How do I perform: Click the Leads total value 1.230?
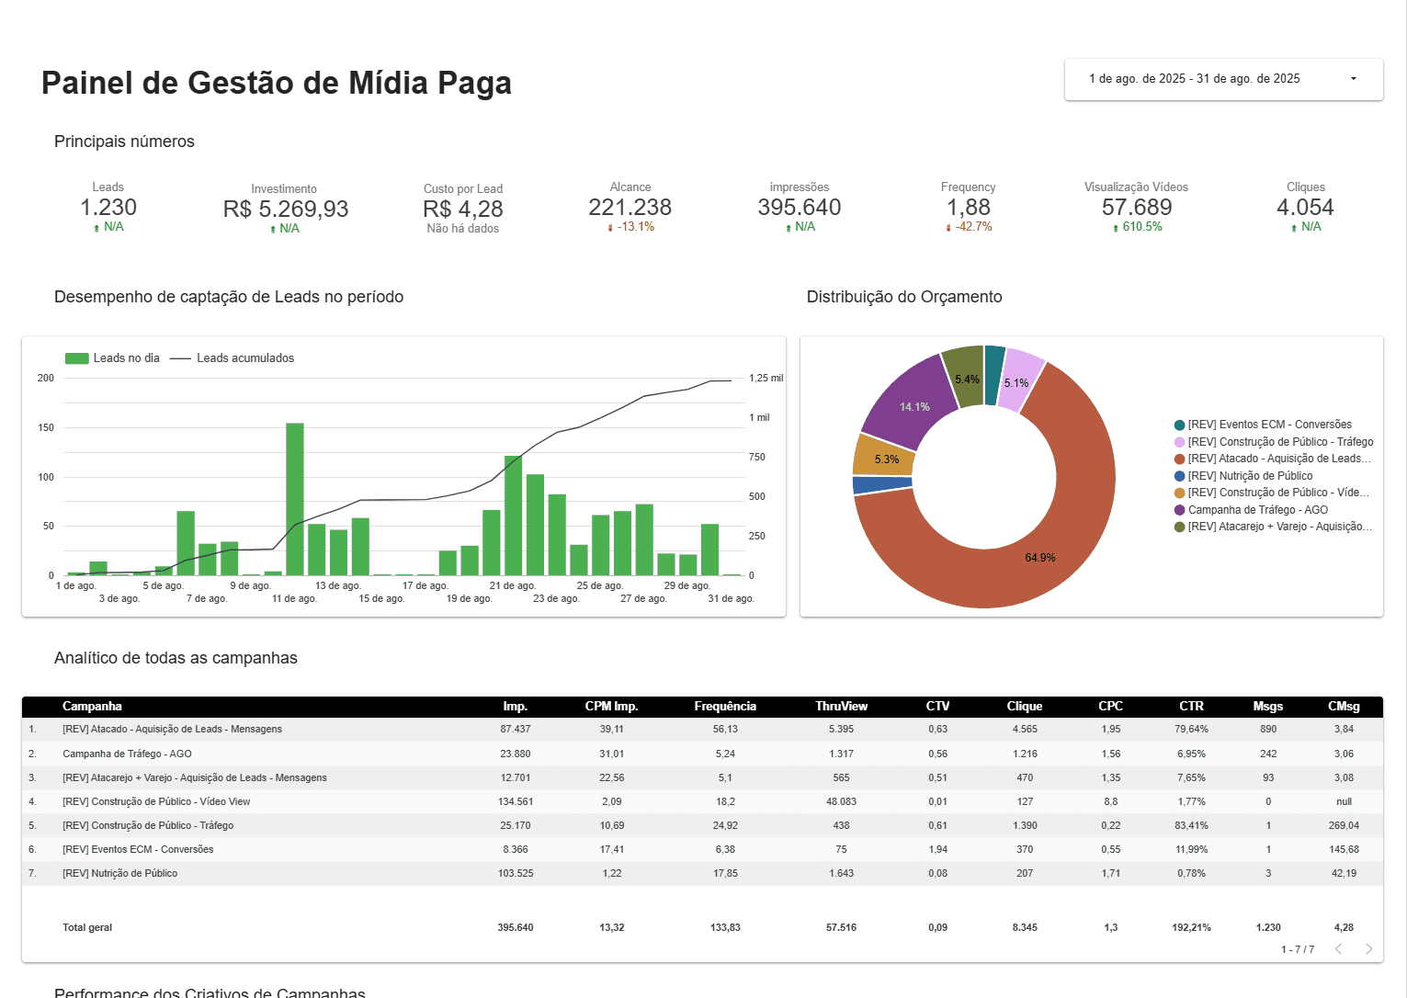[108, 208]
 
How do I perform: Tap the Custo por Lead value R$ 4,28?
[463, 210]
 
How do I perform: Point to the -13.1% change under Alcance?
[635, 227]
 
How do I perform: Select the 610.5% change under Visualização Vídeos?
[1141, 227]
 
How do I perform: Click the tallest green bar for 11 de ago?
[295, 499]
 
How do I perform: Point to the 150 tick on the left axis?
[46, 427]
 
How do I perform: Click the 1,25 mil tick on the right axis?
[766, 378]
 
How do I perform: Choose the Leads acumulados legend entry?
[244, 358]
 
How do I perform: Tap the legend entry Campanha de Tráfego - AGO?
[1257, 510]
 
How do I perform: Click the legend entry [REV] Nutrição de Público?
[1250, 476]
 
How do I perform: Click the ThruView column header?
[841, 707]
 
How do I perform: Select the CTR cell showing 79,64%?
[1191, 729]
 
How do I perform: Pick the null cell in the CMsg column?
[1344, 801]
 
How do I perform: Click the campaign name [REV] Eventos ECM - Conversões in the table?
[138, 849]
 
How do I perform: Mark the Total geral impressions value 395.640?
[516, 927]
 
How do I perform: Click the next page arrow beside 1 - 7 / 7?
[1368, 949]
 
